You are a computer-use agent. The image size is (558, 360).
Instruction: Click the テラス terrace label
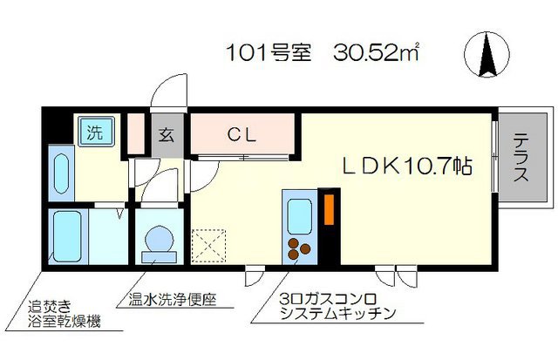520,158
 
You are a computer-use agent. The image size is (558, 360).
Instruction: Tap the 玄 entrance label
167,135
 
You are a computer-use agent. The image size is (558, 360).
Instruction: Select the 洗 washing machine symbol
92,133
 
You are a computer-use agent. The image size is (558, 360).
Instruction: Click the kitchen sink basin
299,214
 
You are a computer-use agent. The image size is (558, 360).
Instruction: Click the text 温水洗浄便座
171,299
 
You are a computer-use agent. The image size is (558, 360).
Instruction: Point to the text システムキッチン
332,313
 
